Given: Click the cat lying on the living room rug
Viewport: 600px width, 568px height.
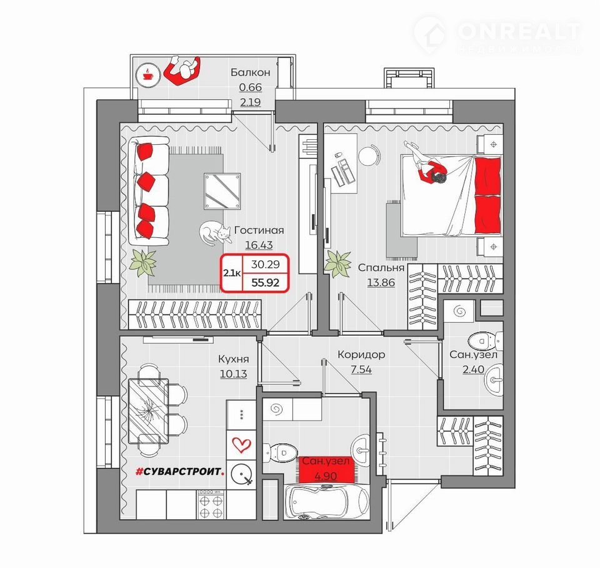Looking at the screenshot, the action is [215, 233].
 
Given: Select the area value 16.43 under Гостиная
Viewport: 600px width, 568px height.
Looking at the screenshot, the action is [259, 245].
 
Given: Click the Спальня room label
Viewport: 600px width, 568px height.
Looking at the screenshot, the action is [381, 268].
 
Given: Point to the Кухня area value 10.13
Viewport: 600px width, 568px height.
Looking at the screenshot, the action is [233, 374].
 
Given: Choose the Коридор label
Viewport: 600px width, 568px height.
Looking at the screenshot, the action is [361, 355].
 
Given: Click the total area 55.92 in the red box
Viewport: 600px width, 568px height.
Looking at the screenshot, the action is [265, 283].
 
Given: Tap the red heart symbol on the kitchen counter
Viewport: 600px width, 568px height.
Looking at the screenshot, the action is [241, 445].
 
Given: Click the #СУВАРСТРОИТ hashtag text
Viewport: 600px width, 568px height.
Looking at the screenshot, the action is [180, 472].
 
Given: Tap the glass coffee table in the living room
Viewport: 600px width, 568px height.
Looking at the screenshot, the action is [222, 191].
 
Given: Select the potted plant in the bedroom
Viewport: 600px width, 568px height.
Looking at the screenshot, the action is [337, 263].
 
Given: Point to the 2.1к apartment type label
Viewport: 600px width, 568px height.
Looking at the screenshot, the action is [232, 273].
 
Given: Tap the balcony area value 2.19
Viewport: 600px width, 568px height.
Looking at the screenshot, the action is [251, 102].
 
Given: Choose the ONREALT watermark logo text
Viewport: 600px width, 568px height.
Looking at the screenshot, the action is [519, 31].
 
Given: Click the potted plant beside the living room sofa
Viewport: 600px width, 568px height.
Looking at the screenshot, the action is [144, 262].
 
